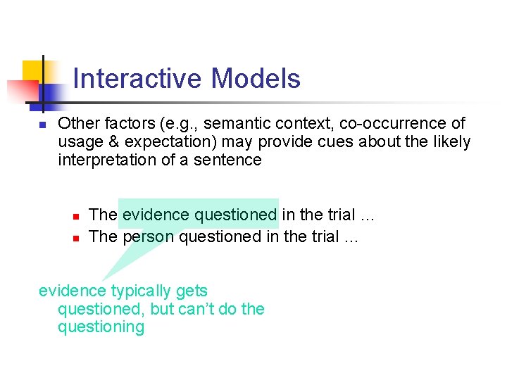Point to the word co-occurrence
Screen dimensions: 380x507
click(393, 124)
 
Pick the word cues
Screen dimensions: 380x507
click(334, 142)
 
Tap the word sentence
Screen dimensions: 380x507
click(232, 160)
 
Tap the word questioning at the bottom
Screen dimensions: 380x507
click(101, 327)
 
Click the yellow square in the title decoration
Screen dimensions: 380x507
click(32, 71)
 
